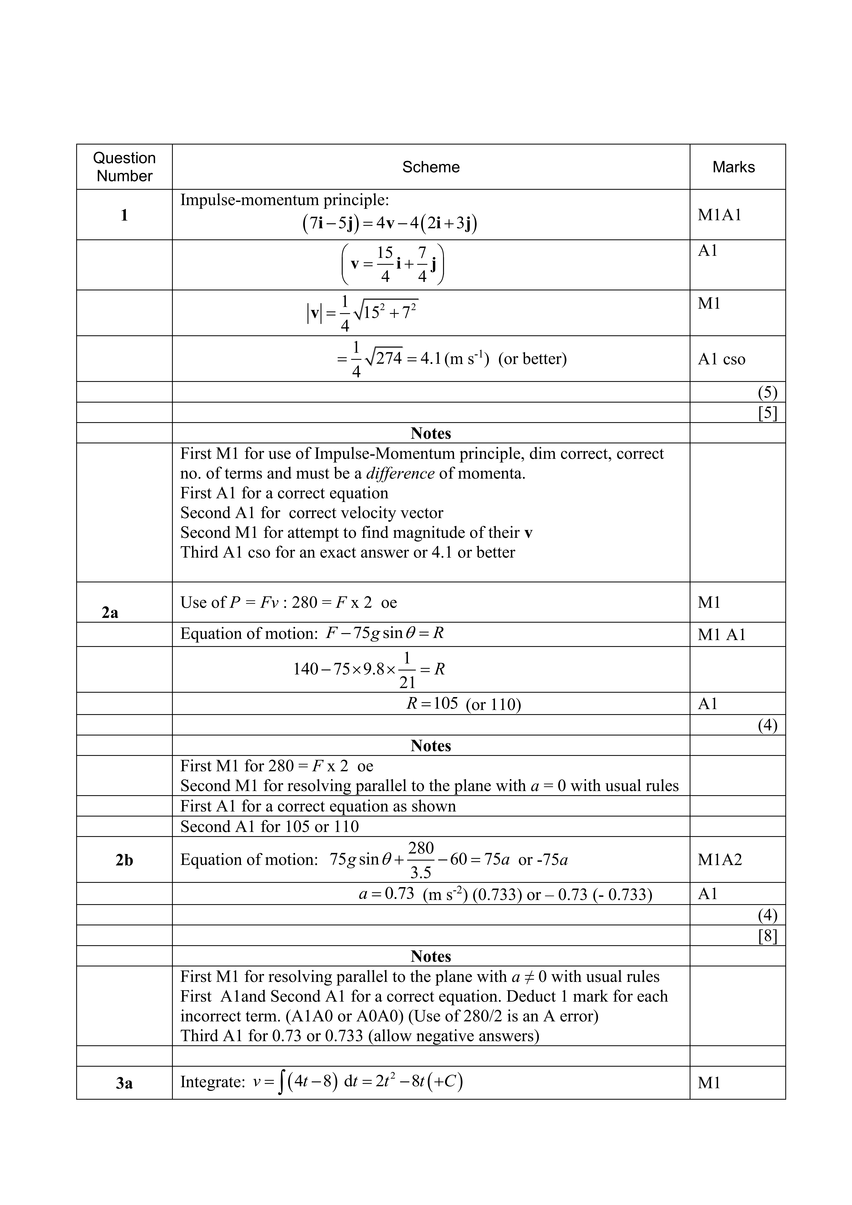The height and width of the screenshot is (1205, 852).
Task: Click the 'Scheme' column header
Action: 431,167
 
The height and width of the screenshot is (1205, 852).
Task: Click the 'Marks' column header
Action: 733,167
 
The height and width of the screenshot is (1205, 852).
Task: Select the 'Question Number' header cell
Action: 124,167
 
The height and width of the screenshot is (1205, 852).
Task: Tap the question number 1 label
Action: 124,215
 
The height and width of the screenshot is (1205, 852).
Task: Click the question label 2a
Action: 110,612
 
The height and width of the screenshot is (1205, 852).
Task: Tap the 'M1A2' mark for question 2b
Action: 720,860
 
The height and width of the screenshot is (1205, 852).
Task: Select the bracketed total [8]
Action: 767,936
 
